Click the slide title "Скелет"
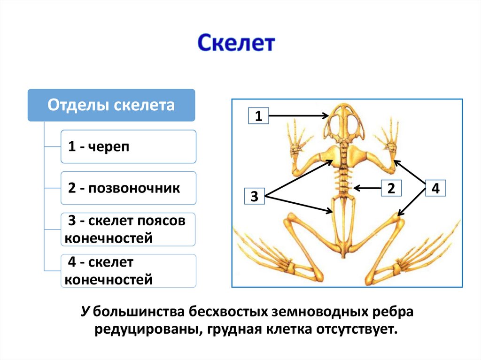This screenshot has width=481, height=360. click(235, 44)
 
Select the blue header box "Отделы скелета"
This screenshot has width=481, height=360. click(111, 105)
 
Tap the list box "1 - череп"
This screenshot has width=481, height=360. click(128, 147)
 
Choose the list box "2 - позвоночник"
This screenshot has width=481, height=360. click(128, 188)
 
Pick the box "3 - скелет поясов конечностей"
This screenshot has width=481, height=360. click(128, 230)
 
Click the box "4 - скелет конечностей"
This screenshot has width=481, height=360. click(128, 271)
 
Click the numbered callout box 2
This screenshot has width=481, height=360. click(390, 188)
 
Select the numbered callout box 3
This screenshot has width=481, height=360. click(255, 196)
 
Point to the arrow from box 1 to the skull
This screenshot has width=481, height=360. click(298, 115)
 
